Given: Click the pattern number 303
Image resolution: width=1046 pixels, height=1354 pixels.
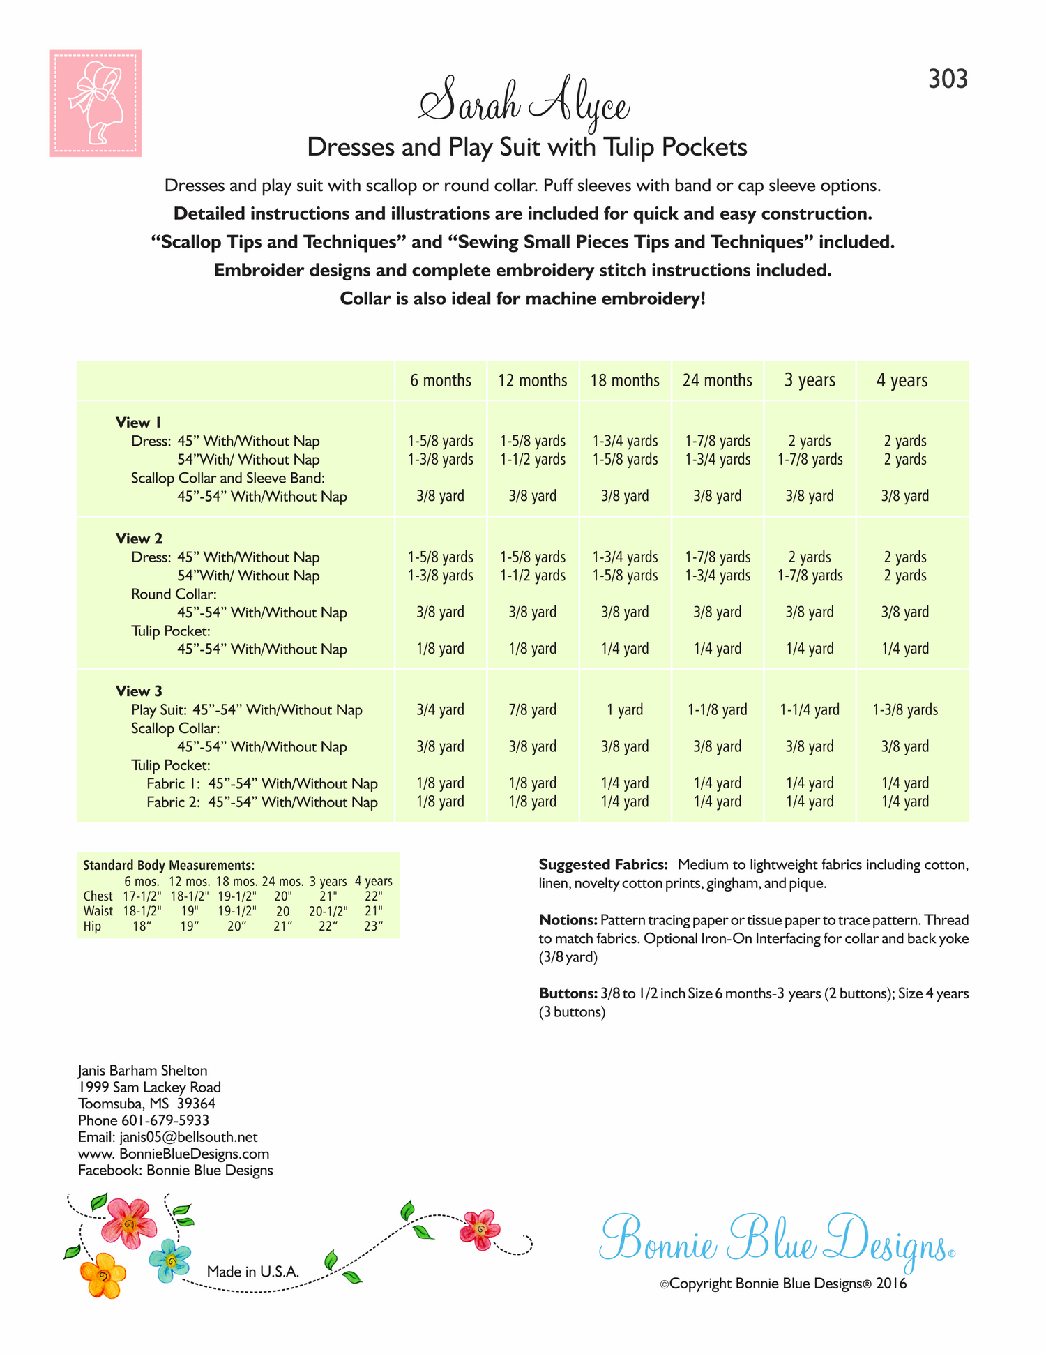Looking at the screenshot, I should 948,80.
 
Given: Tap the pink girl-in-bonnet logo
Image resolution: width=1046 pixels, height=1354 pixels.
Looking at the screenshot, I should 96,103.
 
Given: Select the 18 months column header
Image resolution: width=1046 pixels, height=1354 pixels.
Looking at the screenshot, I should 625,380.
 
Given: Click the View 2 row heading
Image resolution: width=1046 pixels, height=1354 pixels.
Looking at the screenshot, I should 139,539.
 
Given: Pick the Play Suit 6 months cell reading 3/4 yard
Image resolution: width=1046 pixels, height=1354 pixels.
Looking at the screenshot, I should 440,709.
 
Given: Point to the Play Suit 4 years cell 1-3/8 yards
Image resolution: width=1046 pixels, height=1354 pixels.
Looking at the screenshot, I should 904,709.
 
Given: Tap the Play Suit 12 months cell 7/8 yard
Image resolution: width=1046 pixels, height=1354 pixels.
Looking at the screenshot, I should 532,709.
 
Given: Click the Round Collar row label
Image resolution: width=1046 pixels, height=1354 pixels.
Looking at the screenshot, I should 174,594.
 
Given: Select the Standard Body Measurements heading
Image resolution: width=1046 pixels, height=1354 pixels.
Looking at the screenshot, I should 169,865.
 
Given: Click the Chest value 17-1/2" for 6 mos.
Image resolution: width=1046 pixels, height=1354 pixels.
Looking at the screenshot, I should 142,896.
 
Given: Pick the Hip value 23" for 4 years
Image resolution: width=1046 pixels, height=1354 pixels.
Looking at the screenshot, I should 374,926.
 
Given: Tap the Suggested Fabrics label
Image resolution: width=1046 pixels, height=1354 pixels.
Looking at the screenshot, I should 603,865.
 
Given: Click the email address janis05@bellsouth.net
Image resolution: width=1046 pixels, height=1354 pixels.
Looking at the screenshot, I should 188,1137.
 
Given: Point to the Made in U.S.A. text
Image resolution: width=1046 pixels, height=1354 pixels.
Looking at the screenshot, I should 253,1272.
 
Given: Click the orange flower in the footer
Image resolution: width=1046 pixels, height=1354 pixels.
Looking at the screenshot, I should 103,1276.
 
